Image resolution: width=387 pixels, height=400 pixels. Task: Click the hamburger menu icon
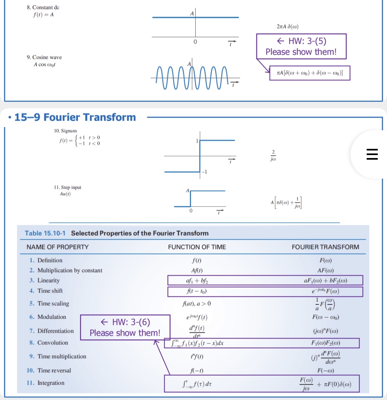[372, 154]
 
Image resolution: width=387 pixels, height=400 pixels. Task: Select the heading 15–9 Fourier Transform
[75, 117]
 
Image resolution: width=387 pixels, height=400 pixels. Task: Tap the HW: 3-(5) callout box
[301, 46]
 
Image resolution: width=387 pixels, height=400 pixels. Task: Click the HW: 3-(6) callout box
[125, 327]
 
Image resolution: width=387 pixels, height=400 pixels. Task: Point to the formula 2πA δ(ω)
[288, 27]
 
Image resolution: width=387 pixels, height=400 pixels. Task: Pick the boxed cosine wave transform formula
[310, 73]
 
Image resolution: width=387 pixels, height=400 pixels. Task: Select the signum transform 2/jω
[273, 156]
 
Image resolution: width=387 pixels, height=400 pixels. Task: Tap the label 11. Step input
[68, 188]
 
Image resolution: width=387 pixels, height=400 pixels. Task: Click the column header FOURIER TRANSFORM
[325, 247]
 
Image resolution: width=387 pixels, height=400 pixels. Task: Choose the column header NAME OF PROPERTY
[58, 247]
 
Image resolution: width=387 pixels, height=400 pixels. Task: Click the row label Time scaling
[53, 304]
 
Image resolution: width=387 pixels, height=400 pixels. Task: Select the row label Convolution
[53, 343]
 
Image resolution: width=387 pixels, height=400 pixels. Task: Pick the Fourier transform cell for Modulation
[326, 317]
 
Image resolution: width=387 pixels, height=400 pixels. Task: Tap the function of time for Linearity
[197, 281]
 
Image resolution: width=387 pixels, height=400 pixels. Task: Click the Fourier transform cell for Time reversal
[326, 371]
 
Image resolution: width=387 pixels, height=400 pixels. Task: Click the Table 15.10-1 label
[45, 233]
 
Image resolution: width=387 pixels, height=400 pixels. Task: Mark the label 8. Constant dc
[43, 7]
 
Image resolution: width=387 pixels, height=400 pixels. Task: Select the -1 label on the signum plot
[204, 172]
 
